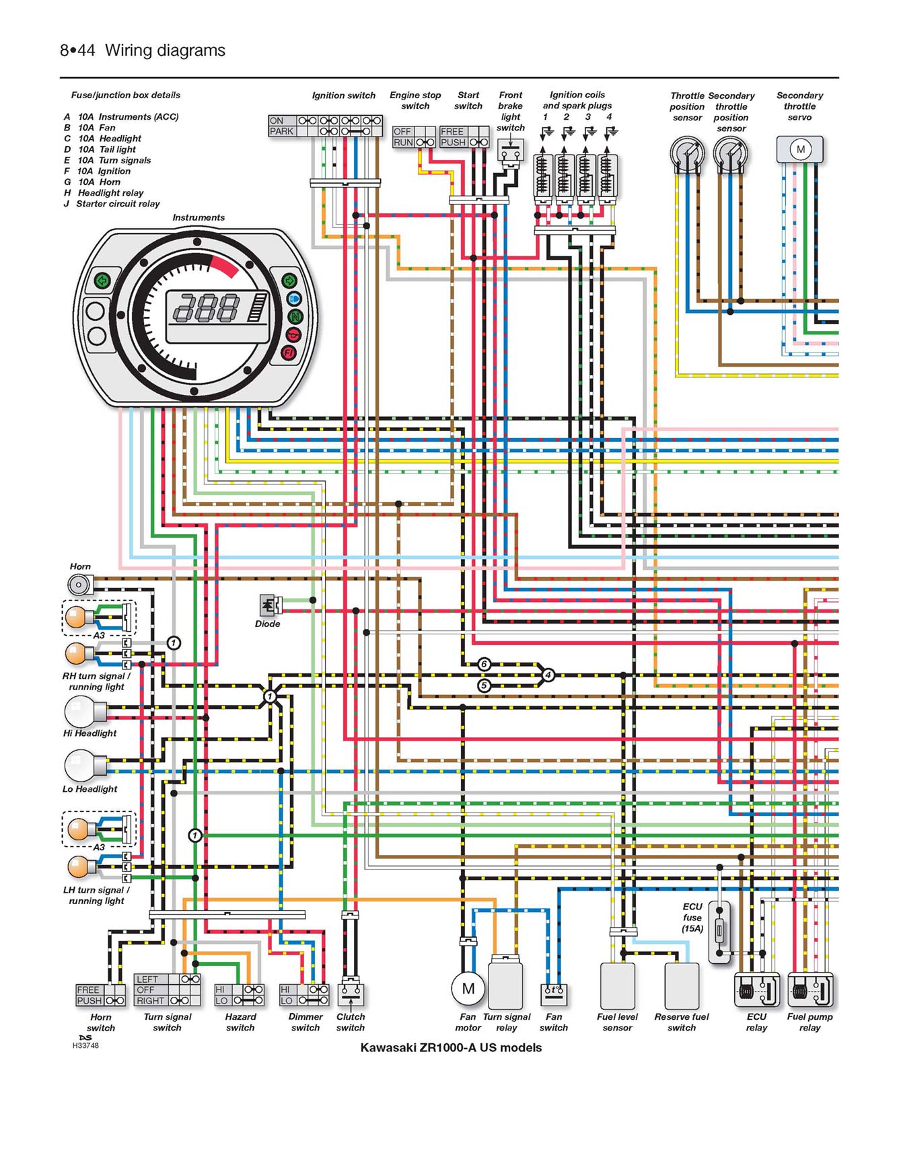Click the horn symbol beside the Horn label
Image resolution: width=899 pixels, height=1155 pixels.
[x=79, y=584]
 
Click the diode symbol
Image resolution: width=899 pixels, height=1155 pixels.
[x=268, y=605]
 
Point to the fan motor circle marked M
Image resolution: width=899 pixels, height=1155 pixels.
[x=468, y=988]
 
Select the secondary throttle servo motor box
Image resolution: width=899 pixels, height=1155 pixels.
[x=800, y=149]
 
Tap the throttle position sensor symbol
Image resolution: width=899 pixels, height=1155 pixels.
[x=686, y=152]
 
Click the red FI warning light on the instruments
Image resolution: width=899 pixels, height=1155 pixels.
[x=289, y=352]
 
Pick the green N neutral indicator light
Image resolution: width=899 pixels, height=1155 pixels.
[x=295, y=316]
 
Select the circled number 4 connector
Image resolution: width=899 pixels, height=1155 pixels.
[x=548, y=675]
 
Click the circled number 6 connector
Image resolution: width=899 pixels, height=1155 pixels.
[x=484, y=665]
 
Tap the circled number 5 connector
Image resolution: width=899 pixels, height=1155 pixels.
[x=484, y=685]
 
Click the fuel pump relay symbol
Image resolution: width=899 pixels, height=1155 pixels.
[x=810, y=990]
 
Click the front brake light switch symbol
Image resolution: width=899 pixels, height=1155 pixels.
[x=510, y=151]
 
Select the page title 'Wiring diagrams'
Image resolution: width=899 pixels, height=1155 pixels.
[x=165, y=50]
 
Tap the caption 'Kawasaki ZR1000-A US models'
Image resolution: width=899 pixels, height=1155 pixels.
[x=451, y=1047]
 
